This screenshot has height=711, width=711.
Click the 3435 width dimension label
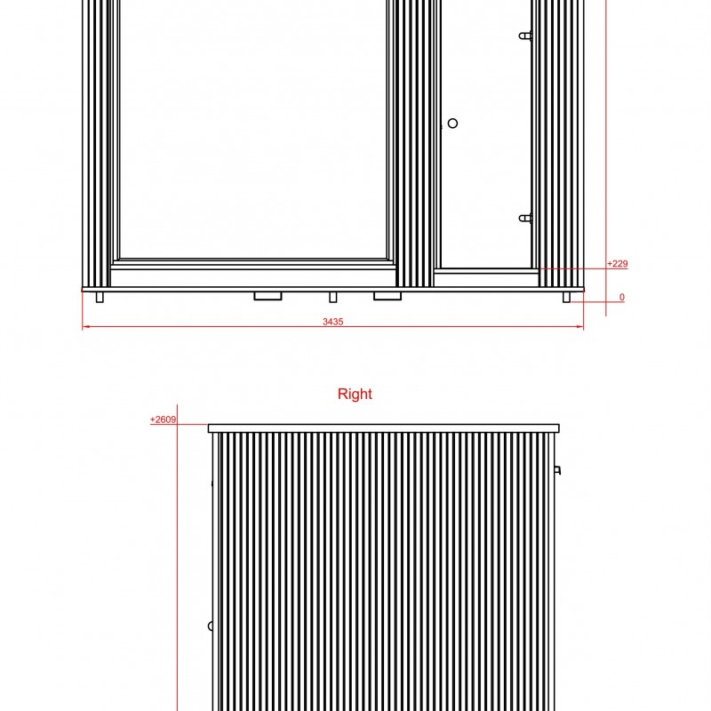(x=332, y=322)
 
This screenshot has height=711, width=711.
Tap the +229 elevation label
(x=617, y=263)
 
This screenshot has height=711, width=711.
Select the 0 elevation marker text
(x=621, y=297)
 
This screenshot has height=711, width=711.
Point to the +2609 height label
(x=163, y=419)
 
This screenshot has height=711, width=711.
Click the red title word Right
(x=355, y=394)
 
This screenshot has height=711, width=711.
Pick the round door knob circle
(x=452, y=123)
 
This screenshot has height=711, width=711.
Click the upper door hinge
(x=525, y=36)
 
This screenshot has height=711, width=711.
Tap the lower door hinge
(x=525, y=219)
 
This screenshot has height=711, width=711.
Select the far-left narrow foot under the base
(x=100, y=297)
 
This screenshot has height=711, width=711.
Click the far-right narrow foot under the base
(x=566, y=297)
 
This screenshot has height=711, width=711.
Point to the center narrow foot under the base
(x=332, y=297)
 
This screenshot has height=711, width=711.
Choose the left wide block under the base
(x=268, y=296)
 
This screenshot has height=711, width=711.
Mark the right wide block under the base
(x=387, y=296)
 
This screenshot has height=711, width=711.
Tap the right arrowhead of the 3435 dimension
(x=580, y=326)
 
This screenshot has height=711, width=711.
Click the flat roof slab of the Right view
(x=384, y=428)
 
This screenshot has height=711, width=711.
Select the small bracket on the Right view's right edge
(x=558, y=470)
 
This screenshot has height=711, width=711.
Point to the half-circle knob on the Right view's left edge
(x=210, y=627)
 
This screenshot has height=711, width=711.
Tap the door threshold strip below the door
(x=486, y=271)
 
